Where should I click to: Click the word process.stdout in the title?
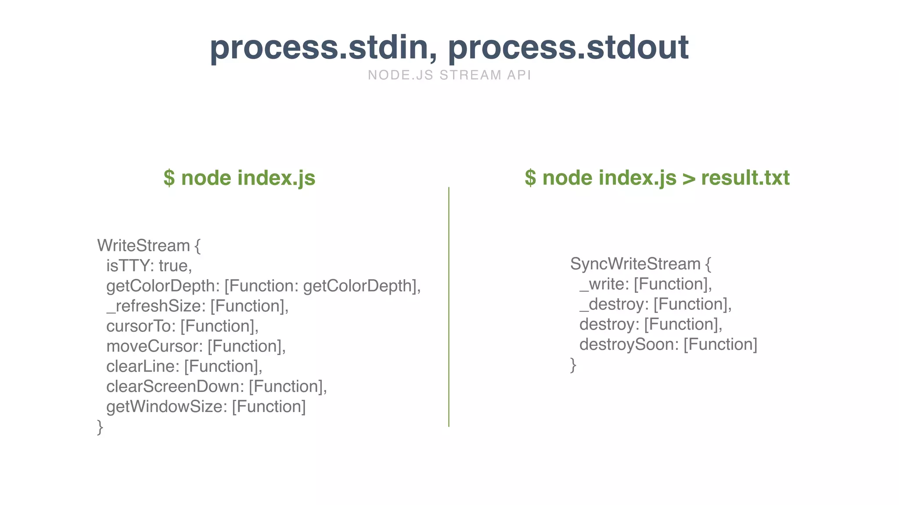click(x=568, y=47)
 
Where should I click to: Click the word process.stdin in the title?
click(x=323, y=47)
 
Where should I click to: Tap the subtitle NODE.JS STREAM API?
click(x=449, y=75)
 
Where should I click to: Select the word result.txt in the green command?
click(x=745, y=178)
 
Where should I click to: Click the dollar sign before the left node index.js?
click(x=169, y=178)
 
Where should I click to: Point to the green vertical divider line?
click(x=449, y=307)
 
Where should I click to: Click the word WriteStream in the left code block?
click(x=144, y=245)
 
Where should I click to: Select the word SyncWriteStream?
click(x=635, y=264)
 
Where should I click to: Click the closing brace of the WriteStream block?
click(x=100, y=427)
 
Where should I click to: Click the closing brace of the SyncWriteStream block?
click(x=573, y=365)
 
